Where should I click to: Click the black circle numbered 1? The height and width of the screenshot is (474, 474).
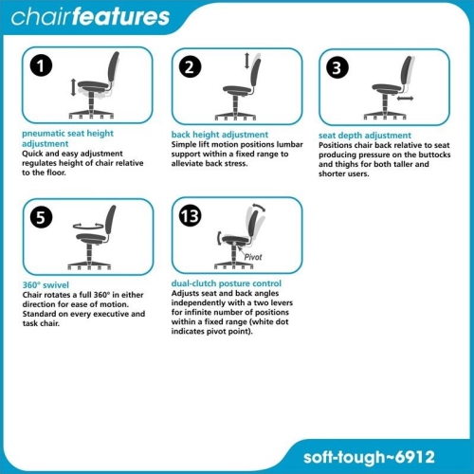(x=39, y=66)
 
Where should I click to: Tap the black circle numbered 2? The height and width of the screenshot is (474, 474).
(x=191, y=66)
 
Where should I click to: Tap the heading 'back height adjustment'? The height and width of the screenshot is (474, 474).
(x=220, y=135)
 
